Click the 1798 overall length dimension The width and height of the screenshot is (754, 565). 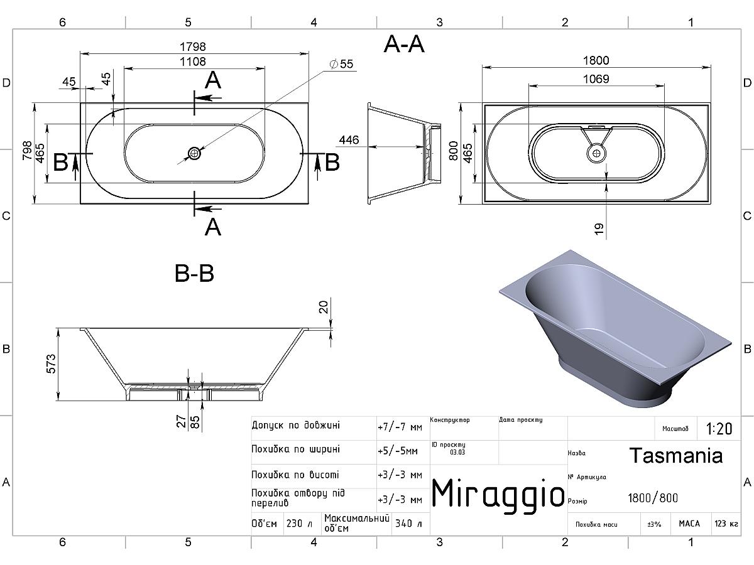[193, 46]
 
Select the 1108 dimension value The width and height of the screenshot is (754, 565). [193, 62]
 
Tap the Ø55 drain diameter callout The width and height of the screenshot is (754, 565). [341, 64]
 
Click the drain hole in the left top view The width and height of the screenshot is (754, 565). [194, 153]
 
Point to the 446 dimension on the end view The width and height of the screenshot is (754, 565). [349, 140]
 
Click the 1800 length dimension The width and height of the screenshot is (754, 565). [596, 60]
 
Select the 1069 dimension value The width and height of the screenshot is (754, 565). [596, 79]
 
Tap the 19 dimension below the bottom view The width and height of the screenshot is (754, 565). [599, 229]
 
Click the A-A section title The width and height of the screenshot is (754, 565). [404, 44]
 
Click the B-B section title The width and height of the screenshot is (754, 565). [194, 274]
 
